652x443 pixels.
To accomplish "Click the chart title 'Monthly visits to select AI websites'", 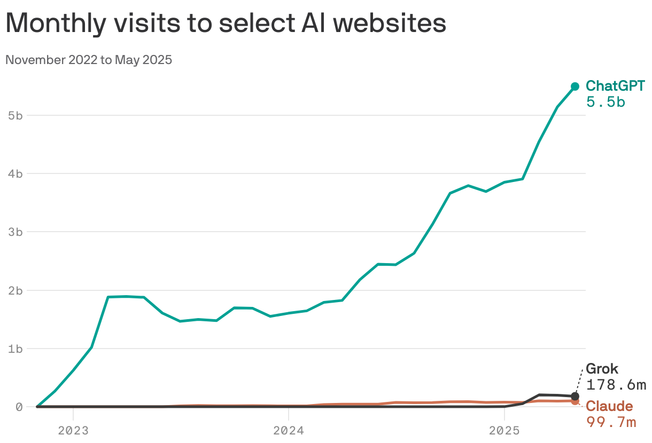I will [226, 24].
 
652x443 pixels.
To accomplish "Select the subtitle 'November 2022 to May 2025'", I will [89, 60].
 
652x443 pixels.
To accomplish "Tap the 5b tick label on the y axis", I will [15, 115].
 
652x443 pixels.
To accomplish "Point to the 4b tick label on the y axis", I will [15, 173].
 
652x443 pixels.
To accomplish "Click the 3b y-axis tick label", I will [15, 232].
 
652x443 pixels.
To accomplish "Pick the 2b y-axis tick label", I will [15, 290].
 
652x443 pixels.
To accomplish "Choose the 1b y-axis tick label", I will [15, 349].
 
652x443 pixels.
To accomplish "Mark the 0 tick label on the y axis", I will [19, 407].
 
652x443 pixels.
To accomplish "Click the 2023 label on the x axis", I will [73, 430].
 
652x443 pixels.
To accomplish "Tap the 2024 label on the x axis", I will [289, 430].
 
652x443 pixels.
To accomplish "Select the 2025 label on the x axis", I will [504, 430].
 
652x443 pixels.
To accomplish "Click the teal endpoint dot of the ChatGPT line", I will [575, 86].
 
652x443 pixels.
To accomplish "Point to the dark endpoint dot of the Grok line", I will [575, 397].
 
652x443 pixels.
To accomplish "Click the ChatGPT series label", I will [615, 86].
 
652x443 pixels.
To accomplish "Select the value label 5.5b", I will [606, 102].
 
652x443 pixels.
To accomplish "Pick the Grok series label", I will [602, 369].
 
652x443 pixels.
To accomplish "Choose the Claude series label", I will [609, 407].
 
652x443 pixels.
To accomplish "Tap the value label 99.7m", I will [611, 422].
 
